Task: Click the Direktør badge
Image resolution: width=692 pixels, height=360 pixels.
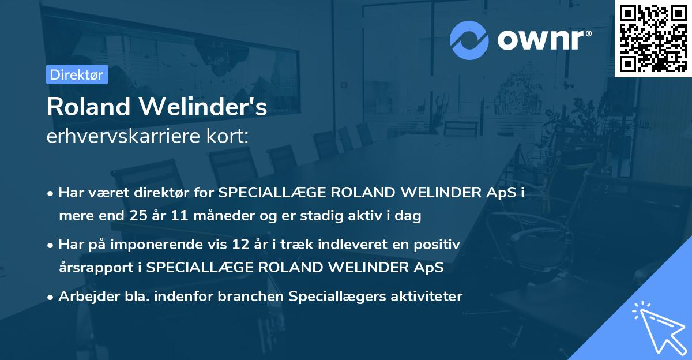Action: [77, 74]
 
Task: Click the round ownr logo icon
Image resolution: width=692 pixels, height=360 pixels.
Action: [469, 40]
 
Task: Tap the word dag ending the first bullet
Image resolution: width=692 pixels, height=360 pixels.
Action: [410, 216]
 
